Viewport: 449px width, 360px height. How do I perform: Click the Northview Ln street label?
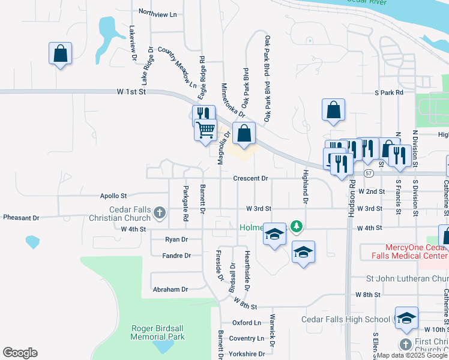click(158, 13)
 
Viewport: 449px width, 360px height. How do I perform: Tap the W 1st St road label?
click(131, 92)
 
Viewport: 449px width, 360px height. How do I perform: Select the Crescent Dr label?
click(251, 178)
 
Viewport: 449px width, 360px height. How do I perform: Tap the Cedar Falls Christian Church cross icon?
click(160, 212)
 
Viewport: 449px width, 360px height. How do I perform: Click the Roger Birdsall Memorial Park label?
click(158, 332)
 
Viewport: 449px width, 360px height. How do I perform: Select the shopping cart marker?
click(206, 129)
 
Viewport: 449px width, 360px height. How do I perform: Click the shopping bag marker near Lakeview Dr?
click(61, 53)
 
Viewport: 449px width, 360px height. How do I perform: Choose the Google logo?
click(20, 353)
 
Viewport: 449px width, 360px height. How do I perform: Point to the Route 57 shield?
click(368, 173)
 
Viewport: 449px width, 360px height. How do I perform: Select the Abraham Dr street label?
click(170, 289)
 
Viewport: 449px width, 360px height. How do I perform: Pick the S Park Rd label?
click(388, 93)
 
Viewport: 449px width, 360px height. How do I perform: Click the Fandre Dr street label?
click(176, 256)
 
